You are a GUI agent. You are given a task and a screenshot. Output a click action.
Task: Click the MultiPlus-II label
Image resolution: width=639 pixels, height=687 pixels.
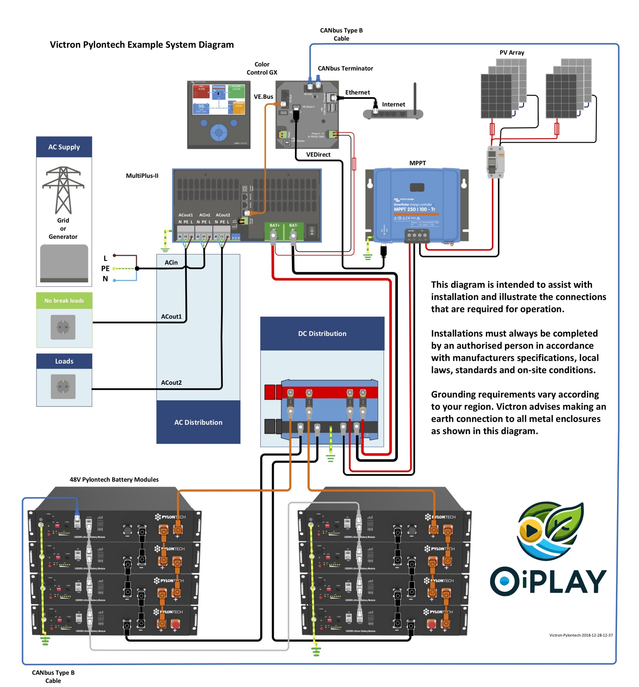coord(142,176)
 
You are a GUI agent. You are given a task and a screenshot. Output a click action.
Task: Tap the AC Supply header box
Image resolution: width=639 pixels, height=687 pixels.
coord(64,147)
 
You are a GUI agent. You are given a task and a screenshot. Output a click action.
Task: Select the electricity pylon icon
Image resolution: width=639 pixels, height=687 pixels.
coord(63,190)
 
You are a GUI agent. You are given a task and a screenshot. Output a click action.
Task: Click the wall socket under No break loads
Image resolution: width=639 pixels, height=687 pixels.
coord(63,327)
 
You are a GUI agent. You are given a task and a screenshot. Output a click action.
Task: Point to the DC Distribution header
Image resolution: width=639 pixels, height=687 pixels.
coord(322,333)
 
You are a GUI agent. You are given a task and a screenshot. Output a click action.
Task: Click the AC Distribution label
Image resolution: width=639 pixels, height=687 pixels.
coord(198,422)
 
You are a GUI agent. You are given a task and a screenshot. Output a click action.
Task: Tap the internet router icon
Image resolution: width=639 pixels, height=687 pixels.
coord(393,113)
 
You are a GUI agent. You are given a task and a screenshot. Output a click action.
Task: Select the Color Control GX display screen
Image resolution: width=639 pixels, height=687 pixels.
coord(219,99)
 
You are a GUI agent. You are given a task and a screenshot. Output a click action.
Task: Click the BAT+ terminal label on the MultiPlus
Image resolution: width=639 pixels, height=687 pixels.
coord(274,225)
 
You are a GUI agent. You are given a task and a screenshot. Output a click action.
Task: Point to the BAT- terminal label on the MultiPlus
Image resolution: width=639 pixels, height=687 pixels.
coord(294,225)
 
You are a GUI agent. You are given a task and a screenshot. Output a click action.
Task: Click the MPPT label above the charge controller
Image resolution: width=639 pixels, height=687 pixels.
coord(417,163)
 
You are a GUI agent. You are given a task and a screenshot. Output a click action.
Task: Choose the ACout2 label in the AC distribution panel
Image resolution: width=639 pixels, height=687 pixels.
coord(171,383)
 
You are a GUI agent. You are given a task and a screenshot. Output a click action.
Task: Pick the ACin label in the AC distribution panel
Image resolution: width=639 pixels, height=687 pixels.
coord(171,263)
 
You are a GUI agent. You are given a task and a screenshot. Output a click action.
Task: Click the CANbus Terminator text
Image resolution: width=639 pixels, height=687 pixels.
coord(345,68)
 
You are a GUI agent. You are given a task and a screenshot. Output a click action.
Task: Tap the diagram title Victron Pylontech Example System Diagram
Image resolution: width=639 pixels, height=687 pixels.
coord(141,45)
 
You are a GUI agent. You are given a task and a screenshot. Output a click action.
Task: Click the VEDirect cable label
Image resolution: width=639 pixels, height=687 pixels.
coord(318,154)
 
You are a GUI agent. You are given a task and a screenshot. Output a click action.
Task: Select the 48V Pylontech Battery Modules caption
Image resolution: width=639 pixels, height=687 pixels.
coord(114,479)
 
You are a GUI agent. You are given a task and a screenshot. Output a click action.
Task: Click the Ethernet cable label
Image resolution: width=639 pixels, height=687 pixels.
coord(357,92)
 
